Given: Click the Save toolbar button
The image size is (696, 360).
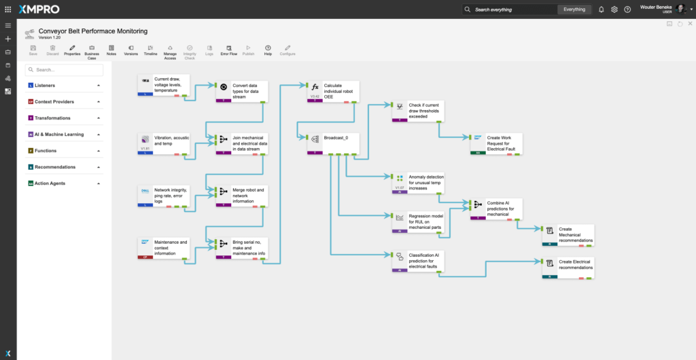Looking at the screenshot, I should coord(33,49).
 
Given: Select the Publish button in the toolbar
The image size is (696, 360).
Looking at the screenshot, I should coord(248,49).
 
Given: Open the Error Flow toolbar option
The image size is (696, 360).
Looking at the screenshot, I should coord(228,49).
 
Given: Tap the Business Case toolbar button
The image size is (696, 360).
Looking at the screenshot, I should coord(92,50).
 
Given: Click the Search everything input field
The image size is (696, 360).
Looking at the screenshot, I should coord(510,10).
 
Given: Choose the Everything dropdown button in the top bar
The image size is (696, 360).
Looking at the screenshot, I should coord(574,10).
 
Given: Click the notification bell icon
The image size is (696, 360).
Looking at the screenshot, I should coord(601,10).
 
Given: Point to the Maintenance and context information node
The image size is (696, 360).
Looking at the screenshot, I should coord(163,247).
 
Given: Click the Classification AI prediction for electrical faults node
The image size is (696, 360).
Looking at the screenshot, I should coord(418,261).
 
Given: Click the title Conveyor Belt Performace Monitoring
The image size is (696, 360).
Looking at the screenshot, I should coord(92,31).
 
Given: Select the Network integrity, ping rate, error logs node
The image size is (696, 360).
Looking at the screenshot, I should coord(163,196).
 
